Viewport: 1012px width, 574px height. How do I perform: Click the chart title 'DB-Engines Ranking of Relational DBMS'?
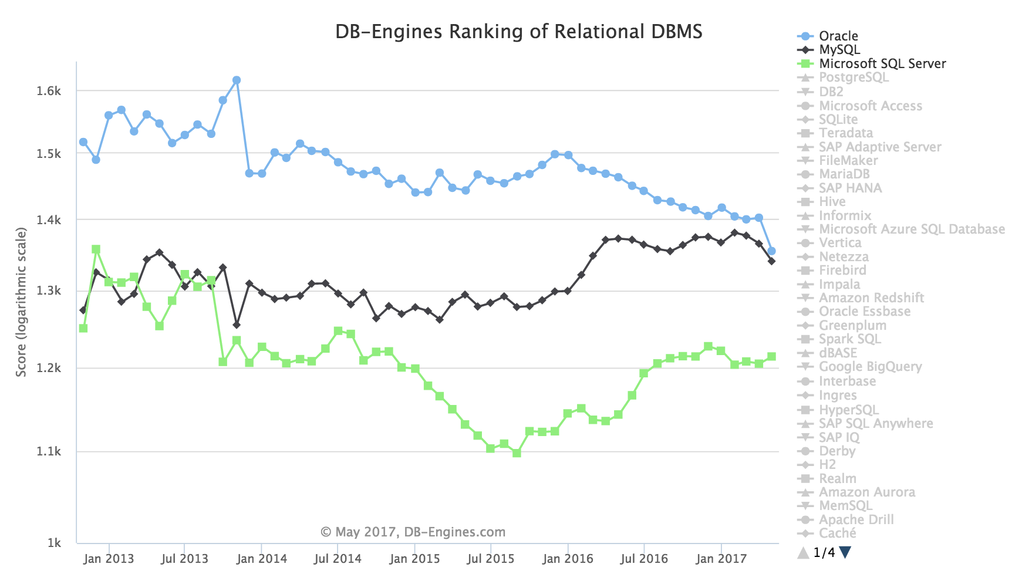[518, 31]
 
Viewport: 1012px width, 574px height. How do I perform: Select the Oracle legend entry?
[838, 36]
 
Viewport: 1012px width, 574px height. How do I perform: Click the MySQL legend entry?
[839, 50]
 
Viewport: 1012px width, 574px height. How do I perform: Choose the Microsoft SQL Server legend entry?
[882, 63]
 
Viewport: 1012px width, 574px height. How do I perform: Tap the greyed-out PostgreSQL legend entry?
[854, 77]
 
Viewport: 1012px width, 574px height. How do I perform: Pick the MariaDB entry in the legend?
[844, 174]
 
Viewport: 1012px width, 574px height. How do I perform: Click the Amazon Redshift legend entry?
[871, 298]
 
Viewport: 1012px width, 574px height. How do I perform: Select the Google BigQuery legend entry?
[870, 367]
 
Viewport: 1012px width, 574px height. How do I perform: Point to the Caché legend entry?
[837, 534]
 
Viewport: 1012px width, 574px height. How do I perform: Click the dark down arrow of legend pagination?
[845, 552]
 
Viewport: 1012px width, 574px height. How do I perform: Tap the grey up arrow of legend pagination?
[803, 552]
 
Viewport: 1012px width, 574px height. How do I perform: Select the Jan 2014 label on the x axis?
[262, 559]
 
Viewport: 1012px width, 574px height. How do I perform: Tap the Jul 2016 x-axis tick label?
[644, 559]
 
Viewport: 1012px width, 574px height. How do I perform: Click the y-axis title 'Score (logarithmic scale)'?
[22, 302]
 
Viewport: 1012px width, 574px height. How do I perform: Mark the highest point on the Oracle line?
[237, 80]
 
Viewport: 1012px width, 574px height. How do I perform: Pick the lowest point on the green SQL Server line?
[517, 453]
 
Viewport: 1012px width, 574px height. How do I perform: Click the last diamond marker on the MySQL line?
[771, 261]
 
